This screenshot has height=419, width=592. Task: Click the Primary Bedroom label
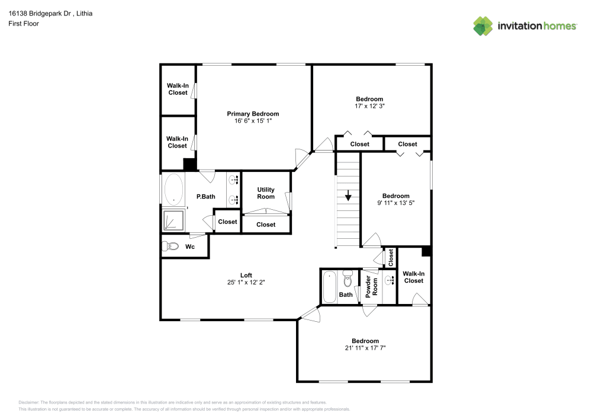253,114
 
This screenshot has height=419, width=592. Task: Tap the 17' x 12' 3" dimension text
369,106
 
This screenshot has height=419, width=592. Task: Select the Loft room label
246,275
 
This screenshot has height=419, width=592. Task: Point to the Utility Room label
266,193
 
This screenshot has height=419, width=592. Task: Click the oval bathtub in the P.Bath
173,189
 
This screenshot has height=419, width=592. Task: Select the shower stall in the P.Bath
173,220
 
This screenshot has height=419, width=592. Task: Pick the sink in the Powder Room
389,280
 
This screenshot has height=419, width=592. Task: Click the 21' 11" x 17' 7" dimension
365,348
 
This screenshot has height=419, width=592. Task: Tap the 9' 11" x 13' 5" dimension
395,203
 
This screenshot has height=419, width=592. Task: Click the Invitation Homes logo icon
483,25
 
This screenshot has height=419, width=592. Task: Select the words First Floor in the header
24,24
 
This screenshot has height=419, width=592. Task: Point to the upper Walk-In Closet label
178,89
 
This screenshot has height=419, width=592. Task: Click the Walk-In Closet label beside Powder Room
413,277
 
